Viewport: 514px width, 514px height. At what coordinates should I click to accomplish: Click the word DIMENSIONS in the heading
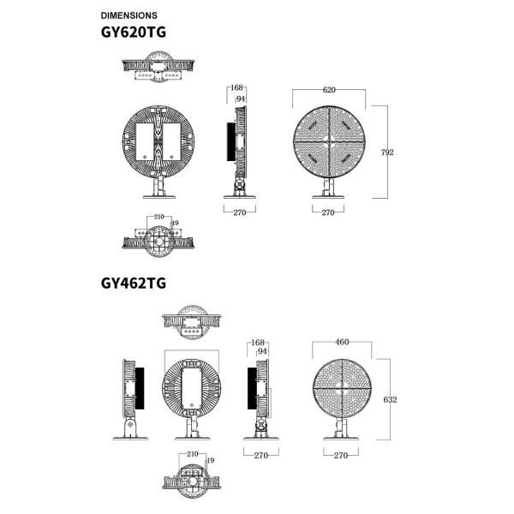[128, 15]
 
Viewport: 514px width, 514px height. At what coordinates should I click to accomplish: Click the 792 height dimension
[386, 152]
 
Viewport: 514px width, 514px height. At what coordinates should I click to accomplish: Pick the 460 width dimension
[342, 343]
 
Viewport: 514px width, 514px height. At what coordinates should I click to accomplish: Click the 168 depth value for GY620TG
[237, 88]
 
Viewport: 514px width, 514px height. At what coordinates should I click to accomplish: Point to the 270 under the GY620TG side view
[239, 212]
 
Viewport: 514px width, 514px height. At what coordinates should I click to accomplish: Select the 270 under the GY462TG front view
[340, 456]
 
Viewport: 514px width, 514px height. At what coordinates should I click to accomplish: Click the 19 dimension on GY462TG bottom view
[210, 462]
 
